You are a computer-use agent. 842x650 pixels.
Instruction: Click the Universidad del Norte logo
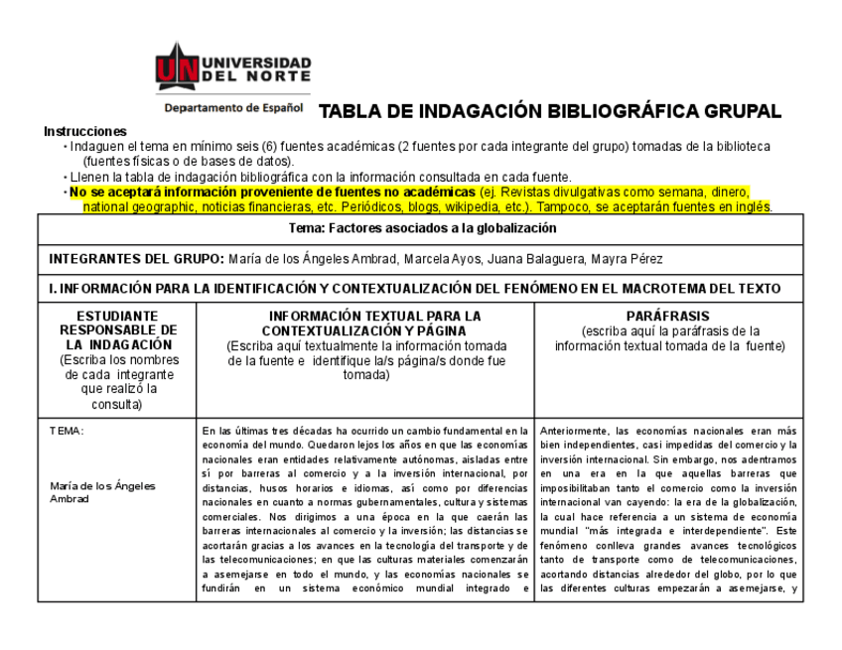click(233, 68)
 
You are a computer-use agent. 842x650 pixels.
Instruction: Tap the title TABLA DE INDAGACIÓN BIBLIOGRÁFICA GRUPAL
click(549, 111)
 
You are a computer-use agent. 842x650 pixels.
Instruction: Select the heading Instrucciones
click(85, 132)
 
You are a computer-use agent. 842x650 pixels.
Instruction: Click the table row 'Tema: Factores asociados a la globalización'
click(420, 228)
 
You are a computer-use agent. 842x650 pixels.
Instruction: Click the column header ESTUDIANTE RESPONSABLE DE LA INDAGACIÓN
click(117, 330)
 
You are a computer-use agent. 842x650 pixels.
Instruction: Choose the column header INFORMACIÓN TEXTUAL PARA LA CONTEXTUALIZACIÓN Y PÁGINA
click(366, 324)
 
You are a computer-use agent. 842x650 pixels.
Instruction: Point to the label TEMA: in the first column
click(68, 432)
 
